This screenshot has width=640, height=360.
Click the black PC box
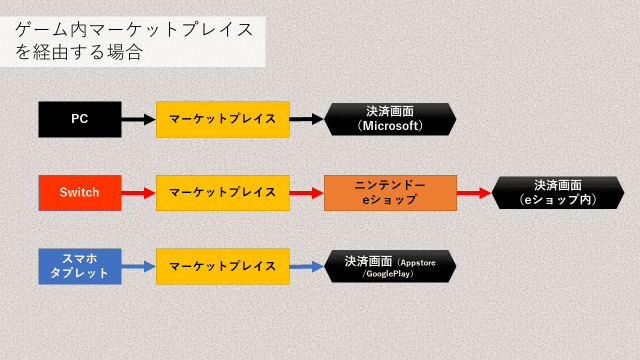coord(80,119)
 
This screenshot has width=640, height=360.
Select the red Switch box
coord(80,192)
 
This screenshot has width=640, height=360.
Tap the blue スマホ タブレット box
coord(80,266)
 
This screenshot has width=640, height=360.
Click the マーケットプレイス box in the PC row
coord(222,119)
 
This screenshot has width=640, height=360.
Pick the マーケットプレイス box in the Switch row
coord(222,192)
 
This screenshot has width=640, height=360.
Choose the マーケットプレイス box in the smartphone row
coord(222,266)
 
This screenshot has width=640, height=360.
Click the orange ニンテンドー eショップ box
coord(390,192)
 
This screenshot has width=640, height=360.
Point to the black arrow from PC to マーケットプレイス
coord(138,119)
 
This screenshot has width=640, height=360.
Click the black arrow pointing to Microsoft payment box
coord(307,119)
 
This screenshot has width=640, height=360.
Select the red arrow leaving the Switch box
coord(138,192)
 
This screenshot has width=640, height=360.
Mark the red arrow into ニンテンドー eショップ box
coord(307,192)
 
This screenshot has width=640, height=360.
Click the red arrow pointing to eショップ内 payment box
coord(475,192)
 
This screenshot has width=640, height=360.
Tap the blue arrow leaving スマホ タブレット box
coord(138,266)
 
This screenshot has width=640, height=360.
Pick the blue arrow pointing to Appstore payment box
coord(307,266)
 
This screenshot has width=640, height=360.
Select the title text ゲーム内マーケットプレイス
coord(134,31)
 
